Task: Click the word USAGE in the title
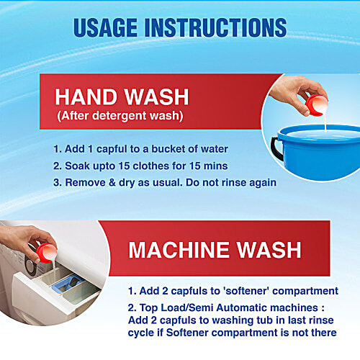point(105,27)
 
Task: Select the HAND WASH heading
point(122,97)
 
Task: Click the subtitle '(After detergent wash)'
point(120,116)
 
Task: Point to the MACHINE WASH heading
point(215,250)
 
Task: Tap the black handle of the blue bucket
point(276,149)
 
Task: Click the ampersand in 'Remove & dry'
point(112,183)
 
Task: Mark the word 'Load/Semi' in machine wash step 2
point(187,307)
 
